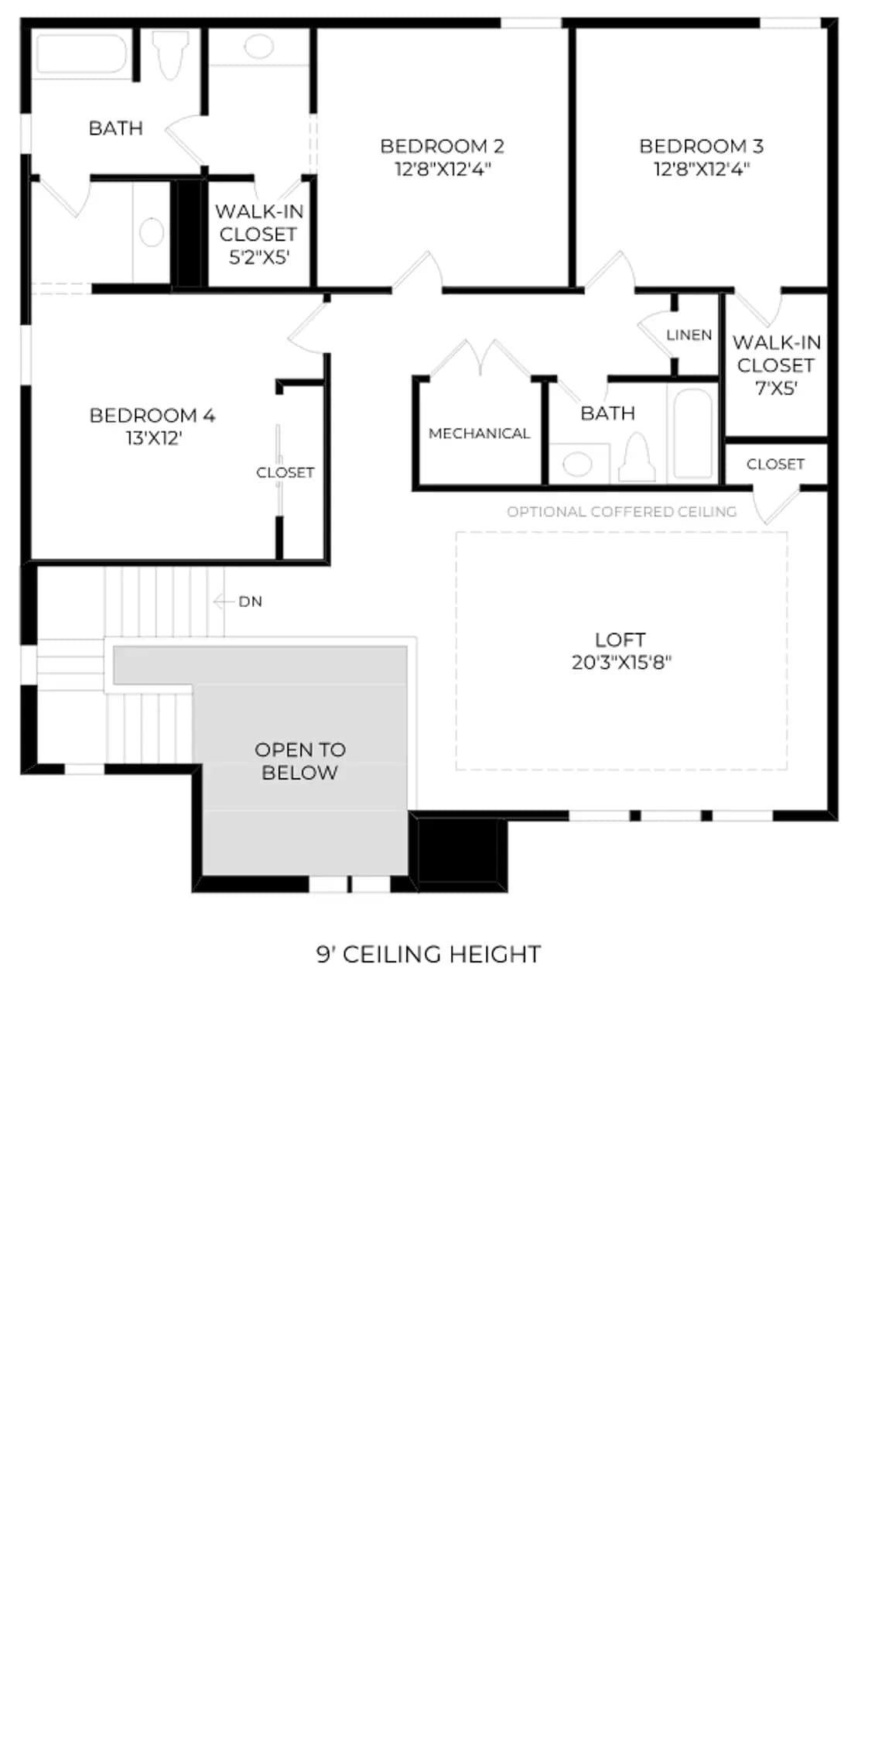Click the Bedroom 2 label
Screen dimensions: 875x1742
coord(442,146)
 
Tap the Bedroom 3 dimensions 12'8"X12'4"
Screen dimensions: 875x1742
coord(702,169)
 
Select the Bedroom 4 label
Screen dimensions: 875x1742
coord(152,415)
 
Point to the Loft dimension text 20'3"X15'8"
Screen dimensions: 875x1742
coord(621,663)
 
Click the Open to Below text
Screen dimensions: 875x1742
coord(300,761)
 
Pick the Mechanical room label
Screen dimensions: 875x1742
coord(480,434)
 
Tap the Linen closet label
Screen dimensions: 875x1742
coord(689,335)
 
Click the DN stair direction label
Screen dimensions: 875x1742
coord(250,602)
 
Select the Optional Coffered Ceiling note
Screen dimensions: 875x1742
coord(622,512)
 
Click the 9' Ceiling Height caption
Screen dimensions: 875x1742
coord(429,954)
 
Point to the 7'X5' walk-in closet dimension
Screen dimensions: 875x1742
coord(777,388)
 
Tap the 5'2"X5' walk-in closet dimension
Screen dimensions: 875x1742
coord(259,257)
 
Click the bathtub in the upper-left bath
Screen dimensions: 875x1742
coord(82,54)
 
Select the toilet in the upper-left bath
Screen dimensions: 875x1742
coord(170,54)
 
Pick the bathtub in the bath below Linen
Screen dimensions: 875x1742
coord(693,434)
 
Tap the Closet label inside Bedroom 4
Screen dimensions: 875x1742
coord(285,472)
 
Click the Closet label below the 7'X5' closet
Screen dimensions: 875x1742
coord(776,464)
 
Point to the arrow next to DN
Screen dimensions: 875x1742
coord(224,601)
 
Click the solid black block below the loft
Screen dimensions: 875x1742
coord(458,850)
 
